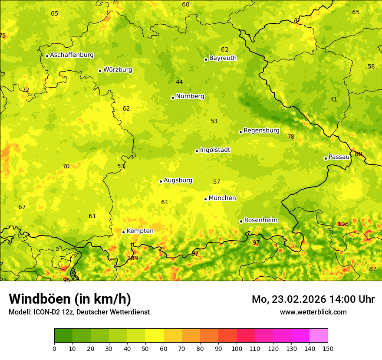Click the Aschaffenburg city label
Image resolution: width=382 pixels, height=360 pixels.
click(x=72, y=55)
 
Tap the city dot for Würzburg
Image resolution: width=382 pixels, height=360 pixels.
click(x=100, y=71)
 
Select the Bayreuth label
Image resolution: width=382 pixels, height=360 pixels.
click(x=223, y=58)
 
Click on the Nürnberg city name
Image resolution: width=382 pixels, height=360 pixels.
click(x=190, y=96)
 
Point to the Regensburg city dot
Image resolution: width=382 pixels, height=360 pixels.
click(x=240, y=132)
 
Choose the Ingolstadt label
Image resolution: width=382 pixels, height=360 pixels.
click(x=215, y=150)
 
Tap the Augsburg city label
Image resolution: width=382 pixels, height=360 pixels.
click(x=178, y=180)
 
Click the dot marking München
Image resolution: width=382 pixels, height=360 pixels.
click(x=205, y=199)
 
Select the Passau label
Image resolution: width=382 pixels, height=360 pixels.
click(x=339, y=157)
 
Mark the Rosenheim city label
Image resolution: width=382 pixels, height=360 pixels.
click(x=260, y=220)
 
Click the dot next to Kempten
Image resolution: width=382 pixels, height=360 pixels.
click(x=123, y=232)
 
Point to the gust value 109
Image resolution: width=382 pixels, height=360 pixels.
click(x=132, y=258)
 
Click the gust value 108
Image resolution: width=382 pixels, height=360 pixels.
click(x=343, y=224)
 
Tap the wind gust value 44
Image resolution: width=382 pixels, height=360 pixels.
click(x=179, y=82)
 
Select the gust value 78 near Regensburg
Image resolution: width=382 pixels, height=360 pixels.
click(x=291, y=137)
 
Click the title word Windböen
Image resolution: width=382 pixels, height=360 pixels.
click(x=40, y=299)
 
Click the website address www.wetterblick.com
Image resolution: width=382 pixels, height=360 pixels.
click(x=313, y=312)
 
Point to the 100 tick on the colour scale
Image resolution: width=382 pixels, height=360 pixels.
click(x=237, y=348)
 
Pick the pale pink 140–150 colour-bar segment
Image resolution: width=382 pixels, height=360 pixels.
click(x=319, y=335)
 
